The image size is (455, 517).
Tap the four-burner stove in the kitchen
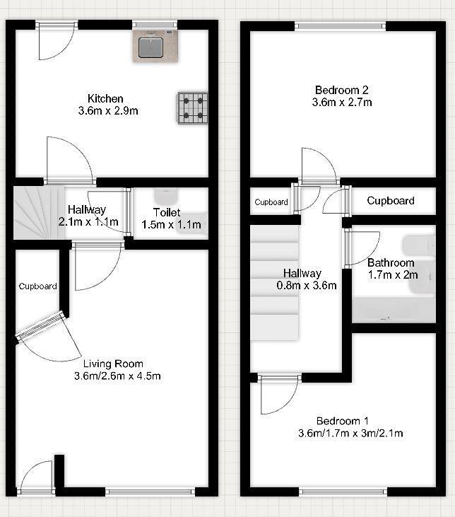point(192,107)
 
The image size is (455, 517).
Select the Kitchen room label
point(105,98)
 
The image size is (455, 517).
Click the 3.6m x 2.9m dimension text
point(108,111)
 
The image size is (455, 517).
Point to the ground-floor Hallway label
point(86,209)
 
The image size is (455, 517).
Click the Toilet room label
point(167,212)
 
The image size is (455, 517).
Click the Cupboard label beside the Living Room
point(38,286)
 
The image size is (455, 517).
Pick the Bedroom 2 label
point(342,90)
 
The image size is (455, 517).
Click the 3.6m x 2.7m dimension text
point(342,103)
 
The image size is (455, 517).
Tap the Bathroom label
point(391,263)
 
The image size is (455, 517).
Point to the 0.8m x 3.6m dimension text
point(302,286)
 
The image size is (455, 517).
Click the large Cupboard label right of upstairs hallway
point(391,201)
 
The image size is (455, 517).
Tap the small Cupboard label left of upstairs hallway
point(271,202)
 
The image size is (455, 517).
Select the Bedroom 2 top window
point(341,27)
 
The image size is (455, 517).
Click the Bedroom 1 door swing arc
point(277,397)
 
